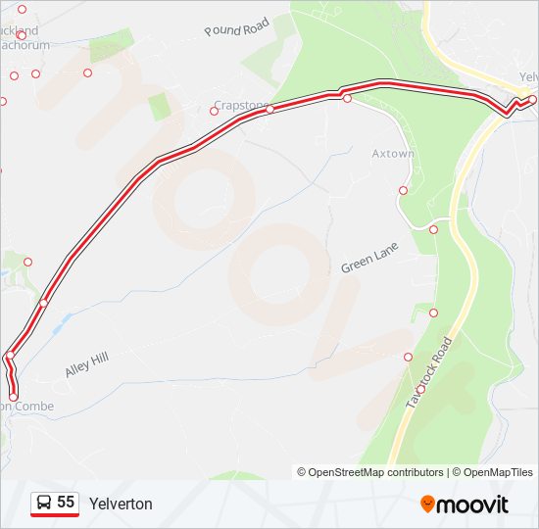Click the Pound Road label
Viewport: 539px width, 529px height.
(x=236, y=28)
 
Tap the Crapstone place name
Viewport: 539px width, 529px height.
(x=240, y=106)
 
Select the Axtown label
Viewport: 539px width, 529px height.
(x=393, y=154)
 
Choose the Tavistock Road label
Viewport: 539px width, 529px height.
(x=430, y=373)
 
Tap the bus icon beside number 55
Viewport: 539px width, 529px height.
(x=44, y=504)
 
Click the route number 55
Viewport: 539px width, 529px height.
(x=66, y=503)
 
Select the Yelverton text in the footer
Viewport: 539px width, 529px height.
(x=121, y=504)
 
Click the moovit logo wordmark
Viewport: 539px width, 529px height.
(x=473, y=505)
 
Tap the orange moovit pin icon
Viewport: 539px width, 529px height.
(x=427, y=505)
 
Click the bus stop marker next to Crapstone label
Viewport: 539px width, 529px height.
(x=215, y=111)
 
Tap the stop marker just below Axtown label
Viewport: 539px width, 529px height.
(x=403, y=190)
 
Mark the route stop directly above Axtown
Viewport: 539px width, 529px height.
(x=347, y=98)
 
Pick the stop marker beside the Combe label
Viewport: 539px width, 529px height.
(x=14, y=397)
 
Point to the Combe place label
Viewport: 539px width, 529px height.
(x=28, y=406)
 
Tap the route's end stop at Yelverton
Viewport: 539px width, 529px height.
(x=532, y=99)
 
